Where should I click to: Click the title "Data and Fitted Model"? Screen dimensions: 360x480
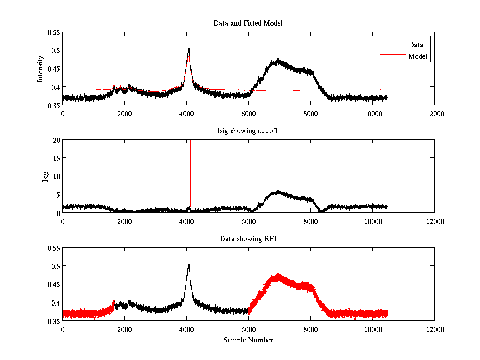click(248, 23)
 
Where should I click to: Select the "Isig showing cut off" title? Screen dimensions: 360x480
click(248, 131)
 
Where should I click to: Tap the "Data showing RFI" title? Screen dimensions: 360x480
click(248, 239)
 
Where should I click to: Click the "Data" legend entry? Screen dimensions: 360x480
click(416, 45)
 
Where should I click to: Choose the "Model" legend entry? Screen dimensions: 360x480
click(418, 56)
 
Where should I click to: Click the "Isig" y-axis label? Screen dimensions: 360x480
click(45, 176)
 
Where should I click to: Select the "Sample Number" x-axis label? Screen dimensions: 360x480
click(248, 340)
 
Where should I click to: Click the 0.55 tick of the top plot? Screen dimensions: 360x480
click(53, 32)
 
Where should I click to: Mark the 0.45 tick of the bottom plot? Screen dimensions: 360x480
click(53, 284)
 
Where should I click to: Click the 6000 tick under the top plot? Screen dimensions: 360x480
click(248, 114)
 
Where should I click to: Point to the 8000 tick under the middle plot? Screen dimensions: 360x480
click(310, 222)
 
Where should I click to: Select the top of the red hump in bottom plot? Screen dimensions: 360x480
click(277, 275)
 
